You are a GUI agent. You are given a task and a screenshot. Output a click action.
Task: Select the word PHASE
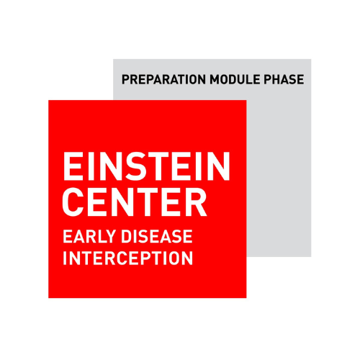[x=284, y=79]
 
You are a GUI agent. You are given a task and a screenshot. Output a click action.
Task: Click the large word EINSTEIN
[x=146, y=166]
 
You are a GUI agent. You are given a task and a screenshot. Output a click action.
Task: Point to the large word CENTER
[x=135, y=202]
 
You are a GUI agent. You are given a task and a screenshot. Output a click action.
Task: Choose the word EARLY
[x=89, y=236]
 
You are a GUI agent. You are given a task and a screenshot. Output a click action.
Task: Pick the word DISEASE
[x=157, y=236]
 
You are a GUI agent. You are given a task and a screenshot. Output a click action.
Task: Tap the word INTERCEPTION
[x=128, y=258]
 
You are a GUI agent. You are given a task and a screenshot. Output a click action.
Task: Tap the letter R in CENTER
[x=196, y=202]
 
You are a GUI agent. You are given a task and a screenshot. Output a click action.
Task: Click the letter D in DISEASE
[x=127, y=236]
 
